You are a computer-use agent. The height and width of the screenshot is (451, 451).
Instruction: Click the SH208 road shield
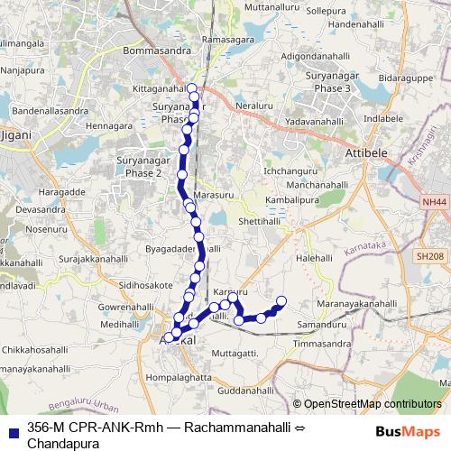(431, 257)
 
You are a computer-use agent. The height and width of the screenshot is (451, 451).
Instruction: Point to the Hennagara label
(108, 125)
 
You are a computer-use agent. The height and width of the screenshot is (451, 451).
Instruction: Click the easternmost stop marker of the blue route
(281, 301)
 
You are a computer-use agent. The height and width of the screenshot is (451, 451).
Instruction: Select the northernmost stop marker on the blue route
(191, 88)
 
